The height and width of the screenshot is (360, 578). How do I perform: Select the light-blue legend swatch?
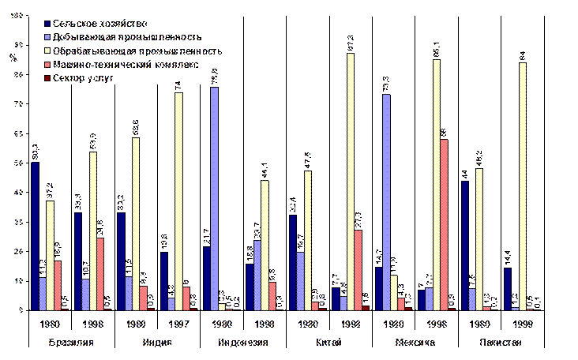click(x=49, y=36)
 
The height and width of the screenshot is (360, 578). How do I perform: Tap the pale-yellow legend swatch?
click(x=49, y=51)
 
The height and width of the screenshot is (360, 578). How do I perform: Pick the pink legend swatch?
click(x=49, y=64)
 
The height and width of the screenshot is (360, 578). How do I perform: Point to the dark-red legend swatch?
click(x=49, y=77)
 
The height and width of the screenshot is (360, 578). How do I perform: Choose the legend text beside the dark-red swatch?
click(x=87, y=77)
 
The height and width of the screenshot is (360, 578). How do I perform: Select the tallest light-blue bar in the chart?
click(x=215, y=198)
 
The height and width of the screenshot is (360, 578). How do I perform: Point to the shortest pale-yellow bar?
click(x=221, y=306)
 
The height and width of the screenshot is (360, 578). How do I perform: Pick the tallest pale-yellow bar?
click(x=351, y=181)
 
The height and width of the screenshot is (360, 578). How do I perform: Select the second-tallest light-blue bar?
click(x=385, y=201)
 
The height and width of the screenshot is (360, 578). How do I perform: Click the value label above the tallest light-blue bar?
click(x=214, y=77)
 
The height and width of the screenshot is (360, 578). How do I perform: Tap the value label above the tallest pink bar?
click(x=445, y=132)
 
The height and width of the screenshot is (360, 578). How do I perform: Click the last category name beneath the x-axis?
click(x=501, y=343)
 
